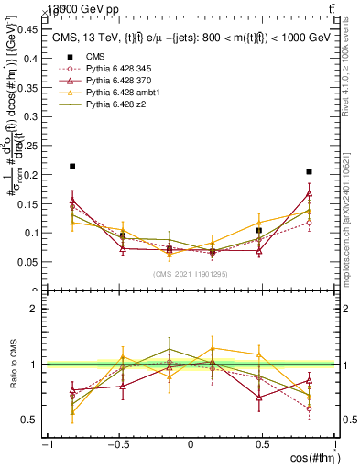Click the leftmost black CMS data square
72,167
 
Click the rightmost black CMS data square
310,171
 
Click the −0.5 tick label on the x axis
117,444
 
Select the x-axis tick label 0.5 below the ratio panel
262,444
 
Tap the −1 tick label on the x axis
46,444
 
